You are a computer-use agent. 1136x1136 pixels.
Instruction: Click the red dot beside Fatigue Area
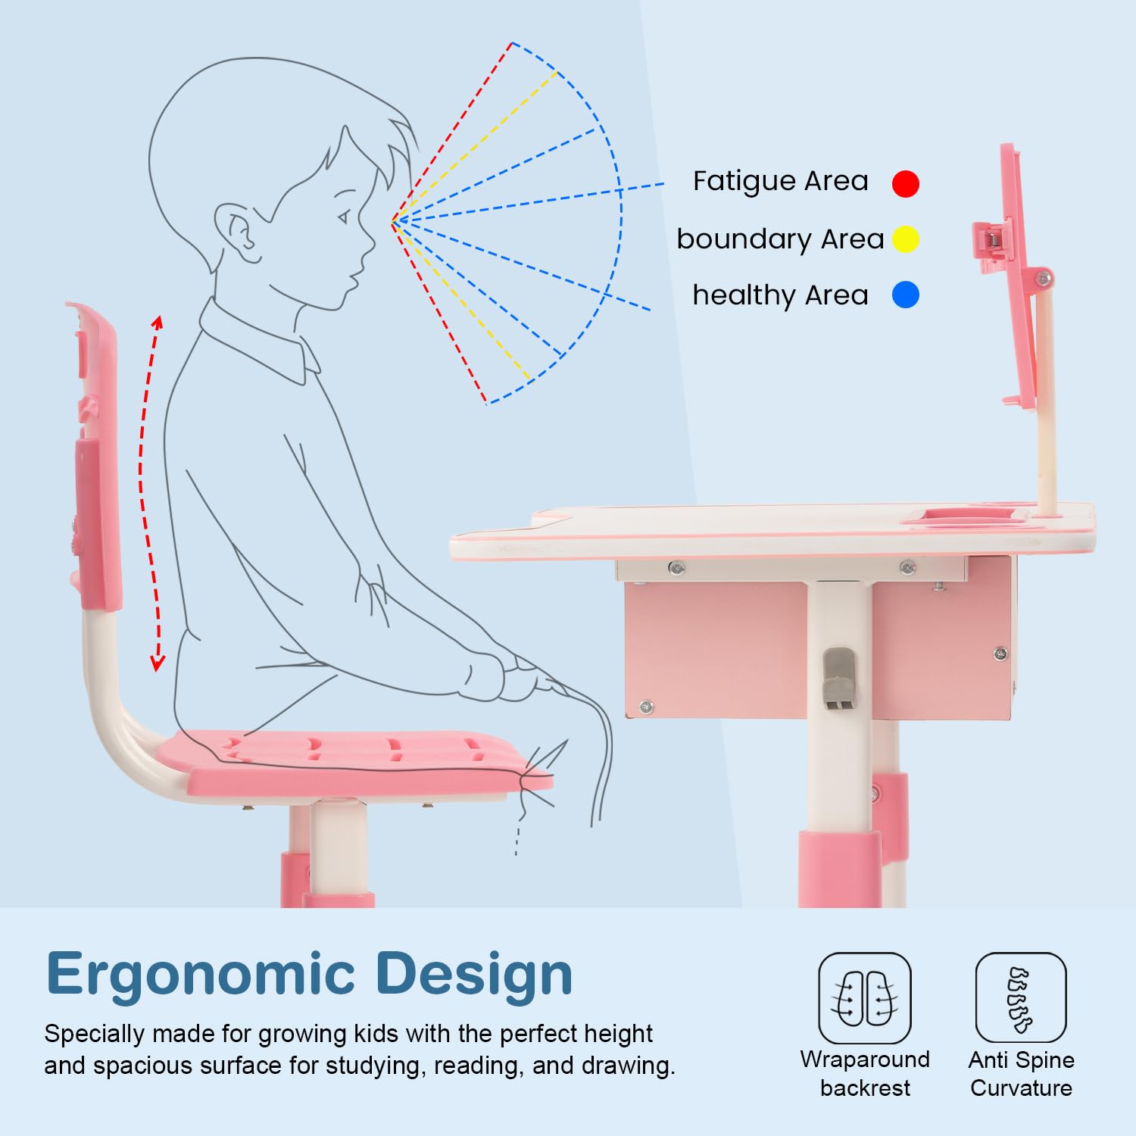pyautogui.click(x=905, y=183)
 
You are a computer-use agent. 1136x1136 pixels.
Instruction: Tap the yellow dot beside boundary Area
pyautogui.click(x=905, y=239)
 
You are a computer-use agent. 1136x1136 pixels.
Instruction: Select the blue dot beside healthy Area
pyautogui.click(x=905, y=295)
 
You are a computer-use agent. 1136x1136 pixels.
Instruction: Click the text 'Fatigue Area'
pyautogui.click(x=780, y=182)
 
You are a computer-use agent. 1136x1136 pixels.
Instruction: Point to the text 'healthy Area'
pyautogui.click(x=780, y=295)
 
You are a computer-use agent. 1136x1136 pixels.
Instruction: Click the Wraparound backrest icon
pyautogui.click(x=864, y=997)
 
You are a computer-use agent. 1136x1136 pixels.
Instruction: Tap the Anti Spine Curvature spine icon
pyautogui.click(x=1020, y=997)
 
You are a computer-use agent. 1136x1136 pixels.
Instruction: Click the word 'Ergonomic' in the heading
pyautogui.click(x=201, y=975)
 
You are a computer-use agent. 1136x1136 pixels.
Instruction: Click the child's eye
pyautogui.click(x=345, y=217)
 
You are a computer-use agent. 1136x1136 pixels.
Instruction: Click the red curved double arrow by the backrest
pyautogui.click(x=148, y=492)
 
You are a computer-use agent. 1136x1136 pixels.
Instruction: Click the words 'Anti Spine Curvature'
pyautogui.click(x=1021, y=1073)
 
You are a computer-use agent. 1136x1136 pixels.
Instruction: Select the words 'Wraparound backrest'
pyautogui.click(x=865, y=1073)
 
